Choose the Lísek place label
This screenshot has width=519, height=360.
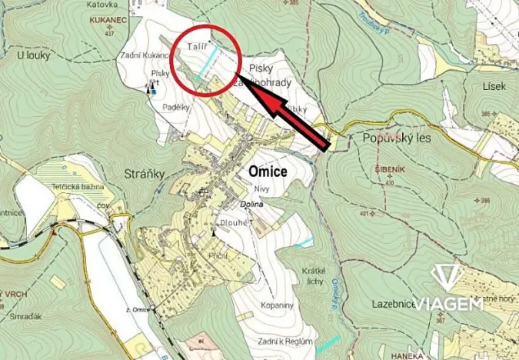494,86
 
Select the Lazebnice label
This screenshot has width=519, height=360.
393,305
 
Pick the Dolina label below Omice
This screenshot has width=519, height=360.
251,204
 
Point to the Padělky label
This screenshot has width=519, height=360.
176,107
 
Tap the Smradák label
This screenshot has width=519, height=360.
27,315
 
